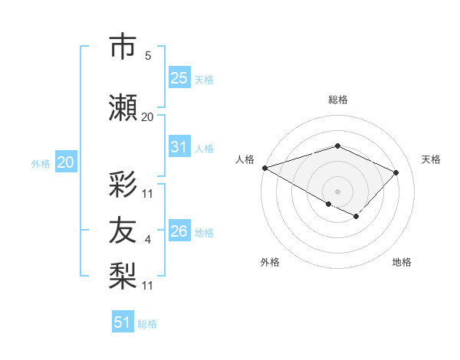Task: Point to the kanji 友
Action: click(125, 229)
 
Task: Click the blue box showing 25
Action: click(179, 77)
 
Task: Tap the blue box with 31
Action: click(179, 147)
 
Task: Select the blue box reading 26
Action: click(179, 231)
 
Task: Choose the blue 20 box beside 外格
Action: click(65, 162)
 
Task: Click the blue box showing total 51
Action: click(123, 322)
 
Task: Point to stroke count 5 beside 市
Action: click(148, 56)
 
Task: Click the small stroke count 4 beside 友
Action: click(148, 241)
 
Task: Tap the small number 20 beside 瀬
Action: click(148, 116)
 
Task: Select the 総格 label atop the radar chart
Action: click(337, 100)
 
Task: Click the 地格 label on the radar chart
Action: click(402, 262)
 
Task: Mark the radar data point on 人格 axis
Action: click(264, 168)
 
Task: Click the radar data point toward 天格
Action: click(396, 172)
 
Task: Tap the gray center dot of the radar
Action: click(337, 191)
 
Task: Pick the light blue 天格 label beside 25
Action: click(204, 79)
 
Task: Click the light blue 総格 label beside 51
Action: click(147, 324)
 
